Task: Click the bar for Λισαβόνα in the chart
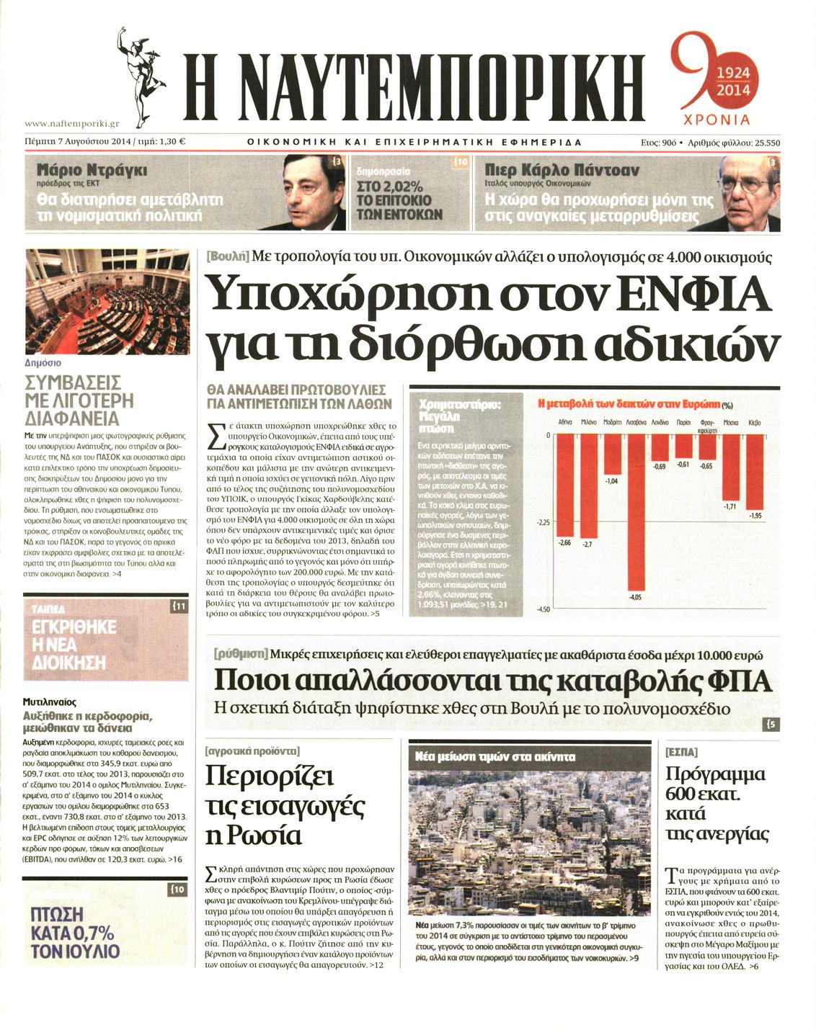[635, 511]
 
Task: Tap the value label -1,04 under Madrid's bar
[611, 480]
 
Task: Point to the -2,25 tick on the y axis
[543, 522]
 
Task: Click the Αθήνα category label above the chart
[566, 423]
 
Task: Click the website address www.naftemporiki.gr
[71, 124]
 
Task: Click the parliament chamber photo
[107, 301]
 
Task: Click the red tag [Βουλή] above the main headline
[227, 257]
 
